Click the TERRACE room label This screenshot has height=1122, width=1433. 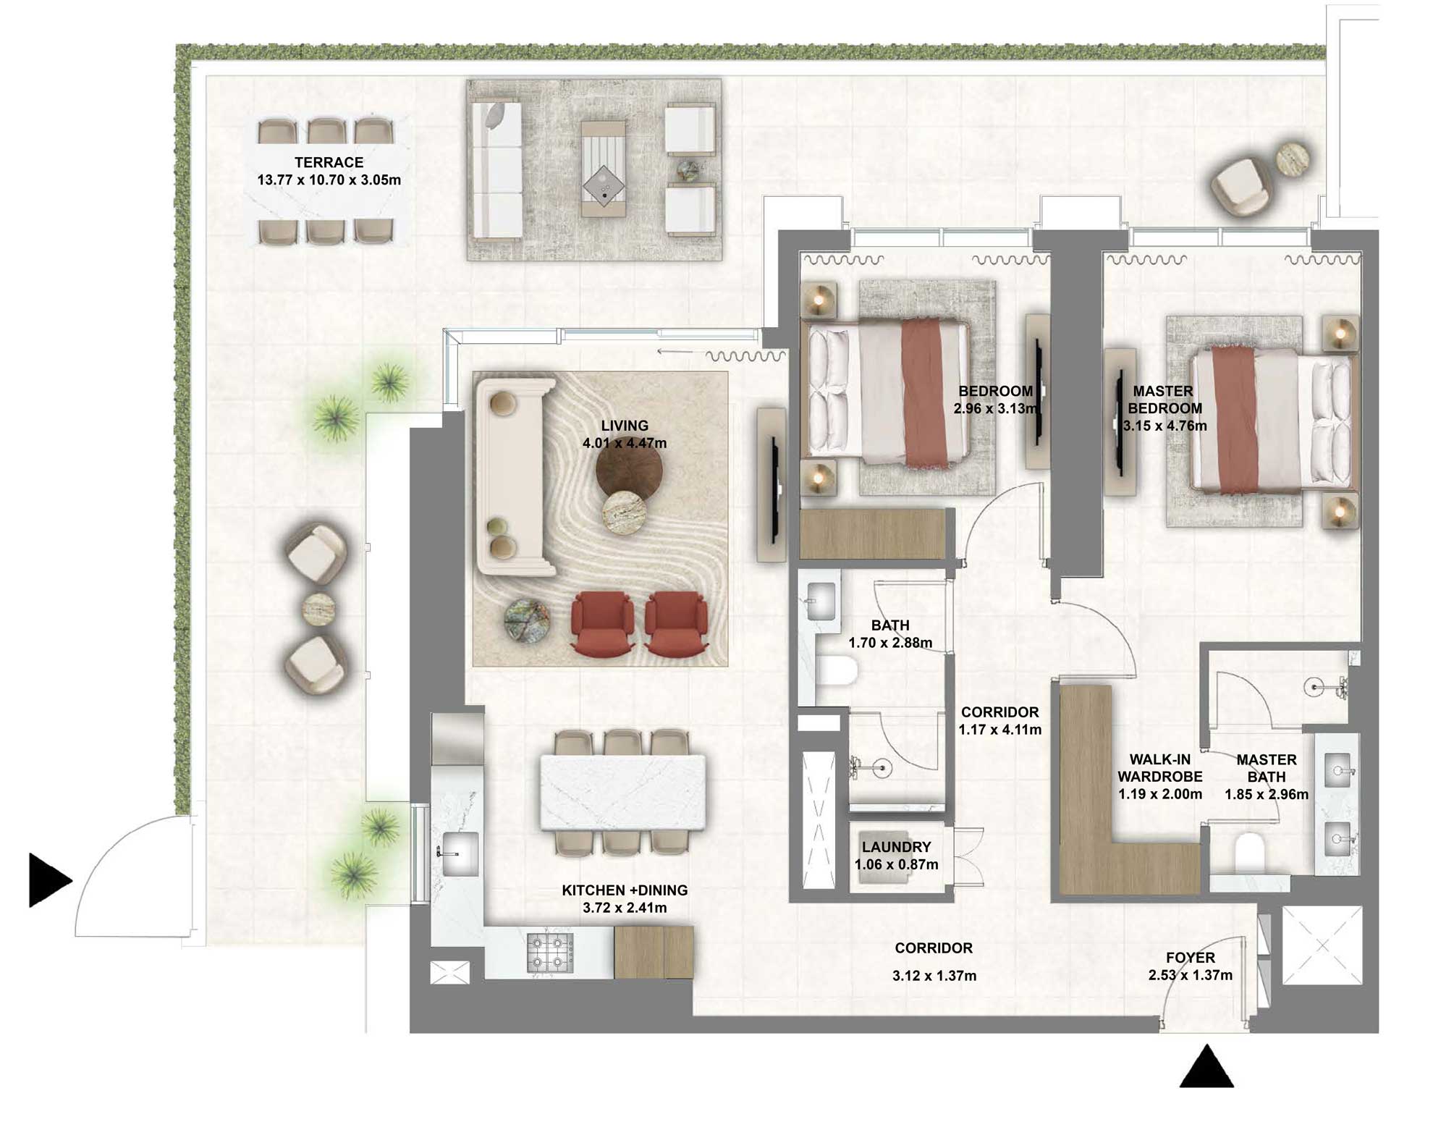coord(329,163)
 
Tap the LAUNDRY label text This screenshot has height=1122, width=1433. coord(896,847)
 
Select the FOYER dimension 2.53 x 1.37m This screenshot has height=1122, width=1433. coord(1190,976)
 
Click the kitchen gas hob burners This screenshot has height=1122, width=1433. coord(551,952)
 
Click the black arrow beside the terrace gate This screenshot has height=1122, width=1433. coord(48,880)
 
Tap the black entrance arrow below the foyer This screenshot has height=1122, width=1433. coord(1206,1068)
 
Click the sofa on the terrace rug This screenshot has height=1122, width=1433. coord(496,171)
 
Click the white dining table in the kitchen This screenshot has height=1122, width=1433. coord(622,792)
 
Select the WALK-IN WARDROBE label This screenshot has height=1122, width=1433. coord(1159,768)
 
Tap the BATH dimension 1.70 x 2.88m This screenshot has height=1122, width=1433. coord(890,643)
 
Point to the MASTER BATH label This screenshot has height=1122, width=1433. coord(1266,768)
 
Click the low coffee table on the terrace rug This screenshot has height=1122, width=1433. coord(604,169)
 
